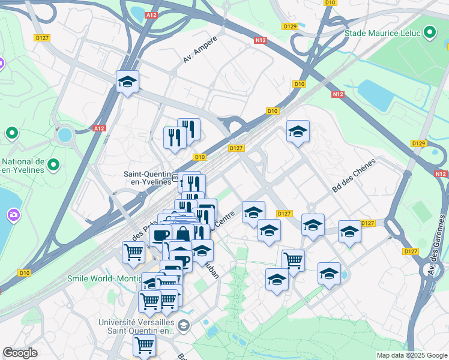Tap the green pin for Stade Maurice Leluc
click(430, 32)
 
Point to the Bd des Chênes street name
click(354, 175)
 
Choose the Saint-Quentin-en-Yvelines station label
click(147, 178)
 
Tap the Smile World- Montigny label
click(103, 278)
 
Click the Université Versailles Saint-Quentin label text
click(137, 326)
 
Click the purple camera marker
click(13, 214)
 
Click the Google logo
click(20, 353)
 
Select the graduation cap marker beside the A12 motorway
click(127, 82)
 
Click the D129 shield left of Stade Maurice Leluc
click(290, 26)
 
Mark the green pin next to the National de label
click(53, 163)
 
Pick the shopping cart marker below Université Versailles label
click(145, 345)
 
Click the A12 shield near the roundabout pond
click(100, 128)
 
